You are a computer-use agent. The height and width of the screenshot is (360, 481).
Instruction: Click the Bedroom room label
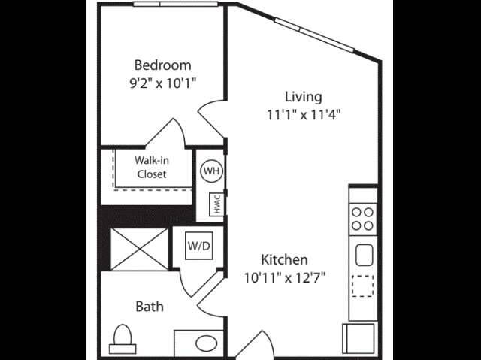point(162,65)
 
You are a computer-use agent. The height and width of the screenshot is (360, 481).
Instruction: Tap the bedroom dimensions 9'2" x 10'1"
point(162,83)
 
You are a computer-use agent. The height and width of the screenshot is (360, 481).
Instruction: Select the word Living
point(304,97)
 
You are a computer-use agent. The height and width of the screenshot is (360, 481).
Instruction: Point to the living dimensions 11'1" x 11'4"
point(304,115)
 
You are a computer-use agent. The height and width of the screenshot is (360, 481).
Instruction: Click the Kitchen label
point(284,260)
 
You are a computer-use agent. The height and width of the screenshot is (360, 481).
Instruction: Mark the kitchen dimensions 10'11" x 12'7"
point(284,278)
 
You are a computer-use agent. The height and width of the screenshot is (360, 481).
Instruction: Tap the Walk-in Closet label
point(152,167)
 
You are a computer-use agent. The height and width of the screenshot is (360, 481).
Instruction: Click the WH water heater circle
point(211,171)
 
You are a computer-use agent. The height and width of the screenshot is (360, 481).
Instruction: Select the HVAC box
point(216,204)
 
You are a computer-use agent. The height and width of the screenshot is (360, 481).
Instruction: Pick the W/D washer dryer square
point(199,246)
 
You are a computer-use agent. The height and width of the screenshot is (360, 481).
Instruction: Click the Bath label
point(150,307)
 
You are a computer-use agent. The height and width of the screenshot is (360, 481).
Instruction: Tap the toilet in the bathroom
point(123,339)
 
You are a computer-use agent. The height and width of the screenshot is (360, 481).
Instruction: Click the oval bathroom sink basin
point(207,343)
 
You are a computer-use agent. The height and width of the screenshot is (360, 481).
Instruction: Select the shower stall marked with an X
point(139,250)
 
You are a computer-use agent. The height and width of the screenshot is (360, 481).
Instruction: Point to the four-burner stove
point(362,219)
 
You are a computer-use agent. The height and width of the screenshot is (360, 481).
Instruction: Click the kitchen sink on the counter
point(364,255)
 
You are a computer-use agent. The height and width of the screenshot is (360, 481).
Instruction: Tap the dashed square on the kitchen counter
point(362,286)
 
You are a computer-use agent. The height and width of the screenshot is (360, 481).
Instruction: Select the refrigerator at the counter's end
point(358,338)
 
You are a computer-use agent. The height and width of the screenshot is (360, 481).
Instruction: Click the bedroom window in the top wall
point(175,4)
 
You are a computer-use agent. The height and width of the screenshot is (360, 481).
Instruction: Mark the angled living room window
point(314,35)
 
